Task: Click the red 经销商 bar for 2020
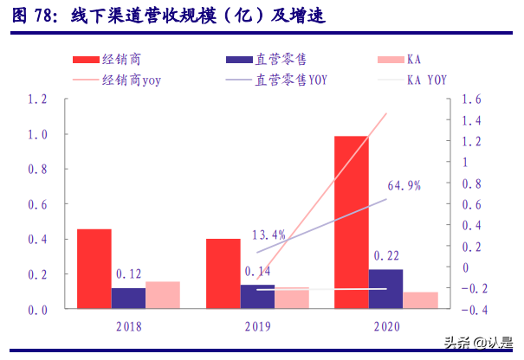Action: pos(351,222)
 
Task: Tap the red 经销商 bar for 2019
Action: pos(223,273)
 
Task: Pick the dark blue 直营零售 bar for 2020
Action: pos(385,288)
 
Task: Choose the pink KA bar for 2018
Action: pos(163,294)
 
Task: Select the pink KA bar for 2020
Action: pos(420,299)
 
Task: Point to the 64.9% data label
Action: pos(404,185)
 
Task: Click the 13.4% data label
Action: pos(268,235)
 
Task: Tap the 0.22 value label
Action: pos(385,256)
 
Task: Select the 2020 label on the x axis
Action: pos(385,326)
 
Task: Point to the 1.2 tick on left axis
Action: pos(38,100)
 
